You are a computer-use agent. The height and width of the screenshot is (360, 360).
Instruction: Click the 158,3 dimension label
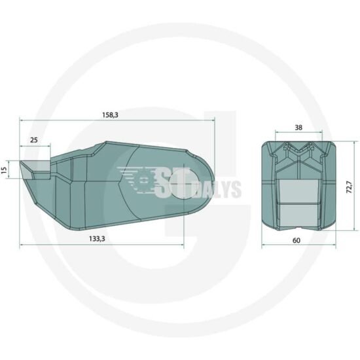(x=110, y=115)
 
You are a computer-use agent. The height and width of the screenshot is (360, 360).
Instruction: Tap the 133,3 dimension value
(x=97, y=239)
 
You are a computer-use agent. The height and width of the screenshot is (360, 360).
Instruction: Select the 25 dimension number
(x=34, y=140)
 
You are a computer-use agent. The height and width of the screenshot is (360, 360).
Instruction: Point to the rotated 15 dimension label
(x=5, y=170)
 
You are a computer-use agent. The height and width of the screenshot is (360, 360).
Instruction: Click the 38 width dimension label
(x=298, y=128)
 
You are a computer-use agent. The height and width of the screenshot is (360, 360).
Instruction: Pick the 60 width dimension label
(x=297, y=240)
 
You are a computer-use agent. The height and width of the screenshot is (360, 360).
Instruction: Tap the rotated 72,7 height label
(x=349, y=187)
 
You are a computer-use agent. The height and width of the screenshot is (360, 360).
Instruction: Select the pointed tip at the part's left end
(x=20, y=162)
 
